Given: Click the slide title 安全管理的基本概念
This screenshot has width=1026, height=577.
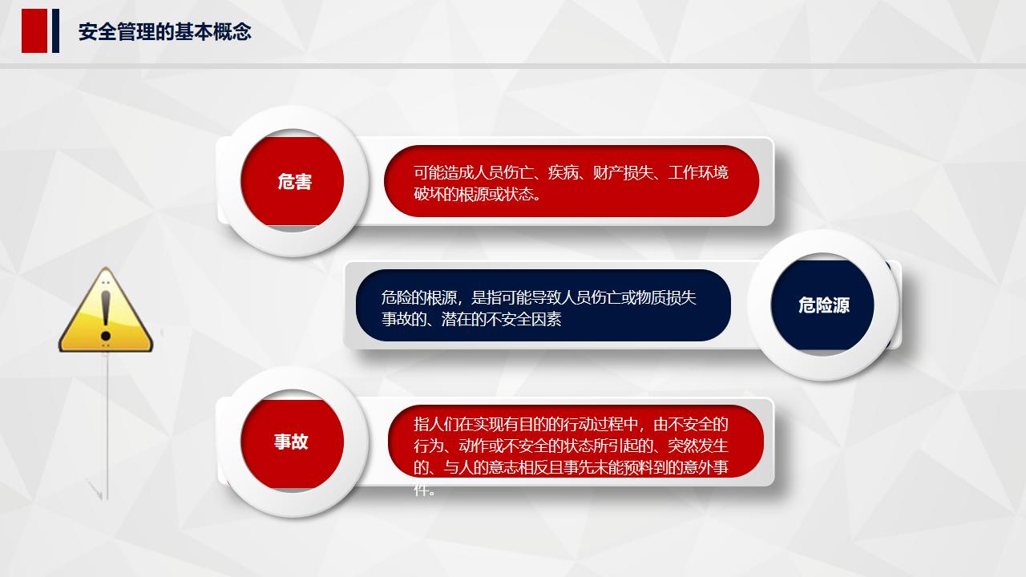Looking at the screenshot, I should [164, 32].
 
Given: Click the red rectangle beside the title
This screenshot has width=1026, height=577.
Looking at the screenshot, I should [34, 31].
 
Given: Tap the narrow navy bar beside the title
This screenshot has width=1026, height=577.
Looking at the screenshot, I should [55, 31].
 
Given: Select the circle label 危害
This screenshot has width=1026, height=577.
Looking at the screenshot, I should [294, 182].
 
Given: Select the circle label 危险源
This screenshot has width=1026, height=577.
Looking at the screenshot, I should [823, 305].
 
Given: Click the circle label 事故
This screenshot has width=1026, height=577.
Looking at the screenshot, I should [291, 442].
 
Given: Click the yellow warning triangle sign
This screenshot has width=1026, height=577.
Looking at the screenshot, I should [105, 313].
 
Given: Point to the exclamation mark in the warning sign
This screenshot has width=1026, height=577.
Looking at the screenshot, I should [105, 315].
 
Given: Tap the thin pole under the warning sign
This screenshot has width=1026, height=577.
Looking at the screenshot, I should [107, 425].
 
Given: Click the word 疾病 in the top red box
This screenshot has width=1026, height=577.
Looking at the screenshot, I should [563, 172].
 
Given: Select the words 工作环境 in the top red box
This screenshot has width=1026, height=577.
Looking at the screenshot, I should [698, 172].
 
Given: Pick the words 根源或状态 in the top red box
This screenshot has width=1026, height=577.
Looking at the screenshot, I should [494, 194].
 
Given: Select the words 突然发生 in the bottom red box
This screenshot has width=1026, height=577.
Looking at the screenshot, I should [698, 446].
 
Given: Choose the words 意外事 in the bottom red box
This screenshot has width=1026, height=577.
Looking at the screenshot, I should [705, 467].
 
